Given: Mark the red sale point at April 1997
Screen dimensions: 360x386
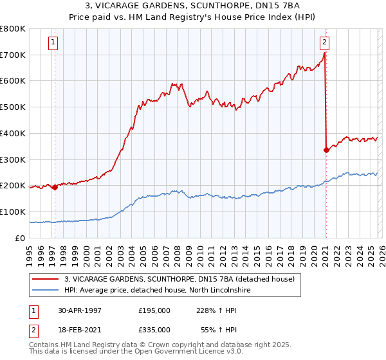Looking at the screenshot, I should tap(55, 187).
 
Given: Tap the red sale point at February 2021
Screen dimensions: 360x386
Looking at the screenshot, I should tap(326, 150).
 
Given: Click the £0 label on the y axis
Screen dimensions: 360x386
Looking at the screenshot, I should tap(20, 238).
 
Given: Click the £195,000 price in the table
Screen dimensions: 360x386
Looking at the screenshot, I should tap(154, 310).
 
